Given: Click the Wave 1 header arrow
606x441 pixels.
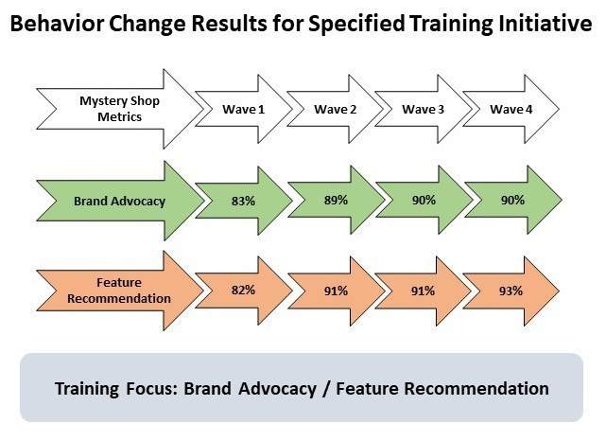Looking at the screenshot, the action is [x=244, y=109].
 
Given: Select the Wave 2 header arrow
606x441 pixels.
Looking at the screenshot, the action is [x=335, y=109].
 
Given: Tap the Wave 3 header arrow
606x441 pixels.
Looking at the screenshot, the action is [x=424, y=109].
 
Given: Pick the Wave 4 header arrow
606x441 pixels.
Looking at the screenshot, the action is [x=511, y=109].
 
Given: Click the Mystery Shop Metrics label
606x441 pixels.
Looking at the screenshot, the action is [x=119, y=109].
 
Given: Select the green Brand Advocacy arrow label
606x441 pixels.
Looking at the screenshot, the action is [x=120, y=201].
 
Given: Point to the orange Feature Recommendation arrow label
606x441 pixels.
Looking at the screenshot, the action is [x=120, y=291].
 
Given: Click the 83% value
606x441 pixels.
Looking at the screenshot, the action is [x=244, y=201].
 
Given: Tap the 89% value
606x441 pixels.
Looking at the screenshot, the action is [x=336, y=200].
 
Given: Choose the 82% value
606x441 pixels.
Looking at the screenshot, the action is [x=244, y=290].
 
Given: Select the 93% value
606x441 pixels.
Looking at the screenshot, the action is [x=511, y=291].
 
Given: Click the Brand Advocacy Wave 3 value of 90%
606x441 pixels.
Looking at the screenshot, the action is [x=424, y=200].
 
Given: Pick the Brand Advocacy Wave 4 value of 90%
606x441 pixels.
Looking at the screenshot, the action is [x=512, y=200].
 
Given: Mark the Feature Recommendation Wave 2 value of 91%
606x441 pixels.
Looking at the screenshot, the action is [x=336, y=291].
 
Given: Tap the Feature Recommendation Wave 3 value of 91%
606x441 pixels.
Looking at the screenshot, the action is [x=423, y=291].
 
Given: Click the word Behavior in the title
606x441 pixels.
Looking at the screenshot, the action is [x=57, y=24].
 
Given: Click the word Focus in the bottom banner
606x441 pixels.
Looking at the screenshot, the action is [x=151, y=388].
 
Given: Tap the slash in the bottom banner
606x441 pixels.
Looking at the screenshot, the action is [x=326, y=389].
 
